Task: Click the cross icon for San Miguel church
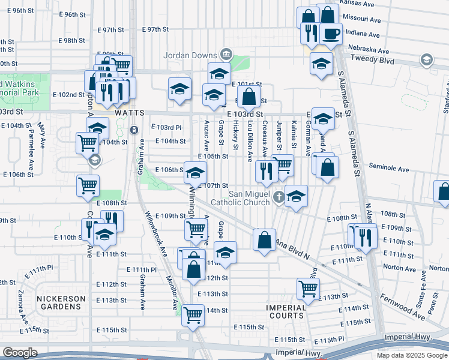pyautogui.click(x=278, y=196)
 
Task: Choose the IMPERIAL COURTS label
pyautogui.click(x=286, y=311)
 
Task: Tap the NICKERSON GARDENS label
pyautogui.click(x=59, y=302)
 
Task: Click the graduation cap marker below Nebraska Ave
pyautogui.click(x=322, y=63)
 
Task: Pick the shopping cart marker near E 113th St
pyautogui.click(x=308, y=288)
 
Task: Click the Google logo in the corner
pyautogui.click(x=20, y=352)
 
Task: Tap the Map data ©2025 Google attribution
pyautogui.click(x=412, y=355)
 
